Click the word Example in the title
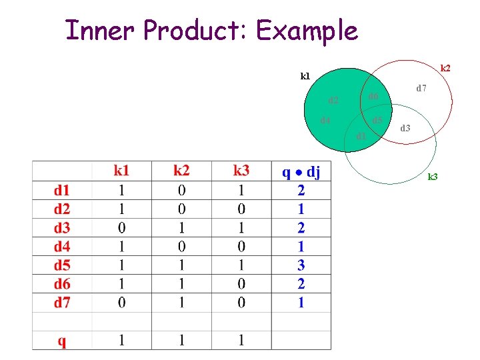pyautogui.click(x=307, y=31)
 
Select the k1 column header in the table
pyautogui.click(x=121, y=172)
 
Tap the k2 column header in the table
pyautogui.click(x=181, y=172)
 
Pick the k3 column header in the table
pyautogui.click(x=241, y=172)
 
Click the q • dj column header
pyautogui.click(x=301, y=172)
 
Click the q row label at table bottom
pyautogui.click(x=61, y=341)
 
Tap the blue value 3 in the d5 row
pyautogui.click(x=301, y=265)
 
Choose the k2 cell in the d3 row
pyautogui.click(x=181, y=227)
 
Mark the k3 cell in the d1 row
pyautogui.click(x=241, y=190)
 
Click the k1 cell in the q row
pyautogui.click(x=121, y=341)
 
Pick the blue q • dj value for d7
pyautogui.click(x=301, y=303)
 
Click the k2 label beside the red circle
pyautogui.click(x=445, y=68)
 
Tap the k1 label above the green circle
pyautogui.click(x=305, y=77)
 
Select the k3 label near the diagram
pyautogui.click(x=433, y=177)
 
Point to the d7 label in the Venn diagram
pyautogui.click(x=421, y=88)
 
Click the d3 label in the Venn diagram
pyautogui.click(x=405, y=127)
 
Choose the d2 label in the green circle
pyautogui.click(x=333, y=101)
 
